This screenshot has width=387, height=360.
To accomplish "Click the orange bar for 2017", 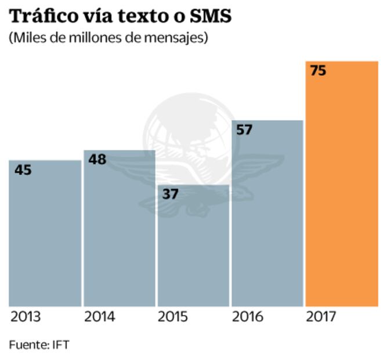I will pos(341,186).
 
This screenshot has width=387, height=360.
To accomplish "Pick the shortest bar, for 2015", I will pos(193,250).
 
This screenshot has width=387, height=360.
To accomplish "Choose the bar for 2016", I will pos(267,215).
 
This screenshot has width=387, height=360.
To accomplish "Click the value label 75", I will pos(318,71).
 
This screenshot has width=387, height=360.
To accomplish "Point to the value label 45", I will pos(23,170).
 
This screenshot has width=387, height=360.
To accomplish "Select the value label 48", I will pos(97,159).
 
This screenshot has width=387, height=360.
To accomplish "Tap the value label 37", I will pos(170,194).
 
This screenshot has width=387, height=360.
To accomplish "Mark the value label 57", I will pos(244,129).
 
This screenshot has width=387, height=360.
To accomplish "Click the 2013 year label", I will pos(26,317).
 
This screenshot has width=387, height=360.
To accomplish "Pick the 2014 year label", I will pos(100,317).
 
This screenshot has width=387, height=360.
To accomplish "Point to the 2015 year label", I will pos(173,317).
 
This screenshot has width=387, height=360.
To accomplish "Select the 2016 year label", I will pos(247,317).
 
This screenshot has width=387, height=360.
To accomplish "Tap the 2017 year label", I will pos(321,317).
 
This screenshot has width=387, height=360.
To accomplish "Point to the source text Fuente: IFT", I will pos(39,344).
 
